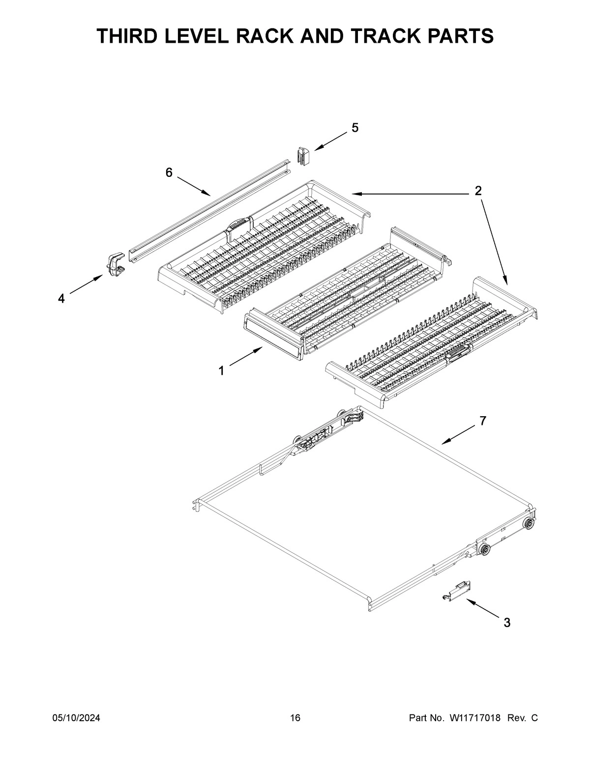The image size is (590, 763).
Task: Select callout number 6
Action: point(169,172)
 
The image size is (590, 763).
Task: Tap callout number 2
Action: point(478,191)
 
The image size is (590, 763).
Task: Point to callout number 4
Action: point(61,299)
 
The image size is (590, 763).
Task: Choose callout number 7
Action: point(483,421)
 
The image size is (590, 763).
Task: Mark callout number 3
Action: point(506,623)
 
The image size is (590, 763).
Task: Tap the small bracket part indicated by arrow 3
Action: point(456,590)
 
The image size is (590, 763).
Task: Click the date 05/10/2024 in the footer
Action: point(76,718)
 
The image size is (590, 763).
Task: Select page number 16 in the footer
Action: point(295,718)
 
